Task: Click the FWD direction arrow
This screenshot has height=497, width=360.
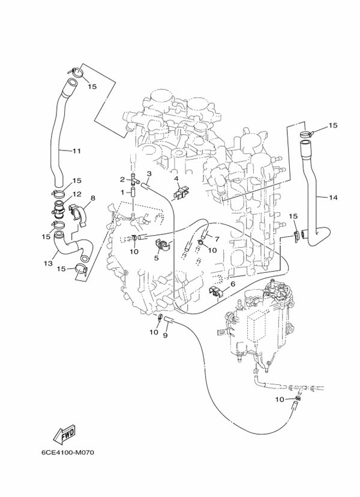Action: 64,434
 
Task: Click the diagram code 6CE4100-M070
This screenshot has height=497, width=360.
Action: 68,452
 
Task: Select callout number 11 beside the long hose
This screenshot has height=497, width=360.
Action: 76,151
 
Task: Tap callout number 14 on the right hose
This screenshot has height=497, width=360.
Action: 333,198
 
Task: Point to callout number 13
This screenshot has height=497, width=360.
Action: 48,263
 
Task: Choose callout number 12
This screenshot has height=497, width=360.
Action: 77,194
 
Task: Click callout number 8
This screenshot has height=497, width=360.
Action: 92,198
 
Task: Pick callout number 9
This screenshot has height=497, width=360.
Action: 165,335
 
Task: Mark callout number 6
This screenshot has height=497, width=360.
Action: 233,284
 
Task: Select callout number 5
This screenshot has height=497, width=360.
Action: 156,258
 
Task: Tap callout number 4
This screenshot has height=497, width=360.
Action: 176,179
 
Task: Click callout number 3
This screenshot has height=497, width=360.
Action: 149,173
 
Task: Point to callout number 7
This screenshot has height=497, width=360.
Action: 217,239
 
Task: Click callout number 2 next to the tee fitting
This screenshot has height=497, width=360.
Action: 122,180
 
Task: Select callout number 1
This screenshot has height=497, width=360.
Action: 122,192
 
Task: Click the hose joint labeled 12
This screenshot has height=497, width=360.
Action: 59,209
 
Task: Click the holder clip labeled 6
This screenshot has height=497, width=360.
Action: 217,291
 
